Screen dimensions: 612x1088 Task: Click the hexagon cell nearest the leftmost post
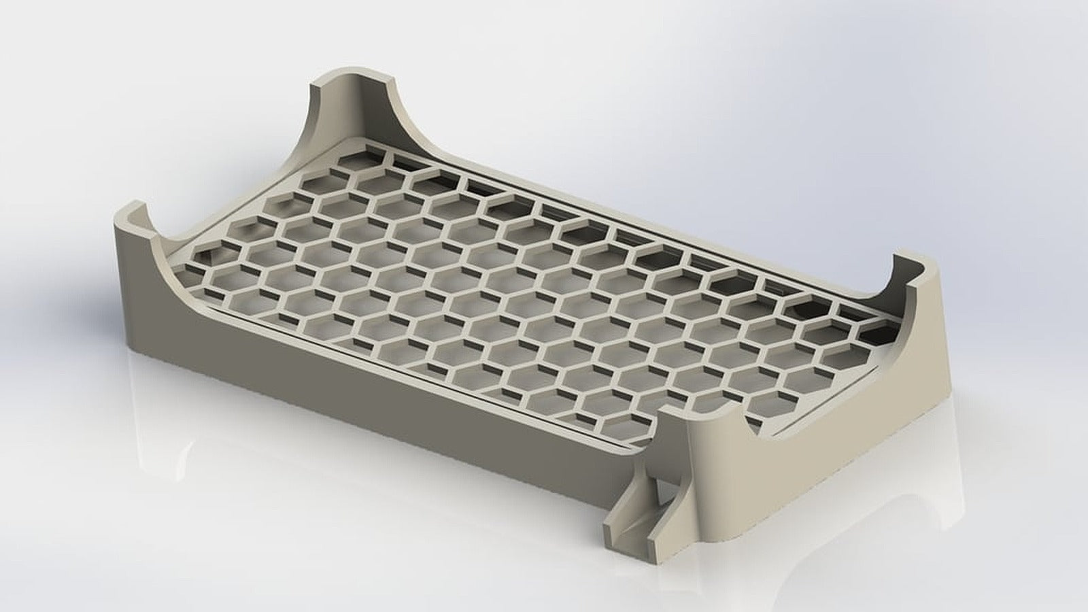tap(204, 255)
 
